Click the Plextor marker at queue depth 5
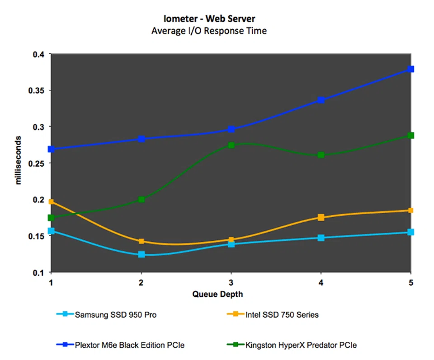(x=410, y=69)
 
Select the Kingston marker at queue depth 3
(x=231, y=145)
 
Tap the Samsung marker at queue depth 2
(x=142, y=254)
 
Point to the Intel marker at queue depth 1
(x=52, y=202)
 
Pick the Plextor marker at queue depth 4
(x=321, y=100)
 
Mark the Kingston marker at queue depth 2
(x=142, y=199)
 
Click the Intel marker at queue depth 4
(x=321, y=217)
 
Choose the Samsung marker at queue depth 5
(x=410, y=232)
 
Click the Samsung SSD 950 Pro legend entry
(x=116, y=315)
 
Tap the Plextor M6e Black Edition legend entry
(x=129, y=345)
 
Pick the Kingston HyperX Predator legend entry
(x=301, y=345)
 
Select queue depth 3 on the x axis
(x=231, y=282)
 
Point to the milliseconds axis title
(x=19, y=160)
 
